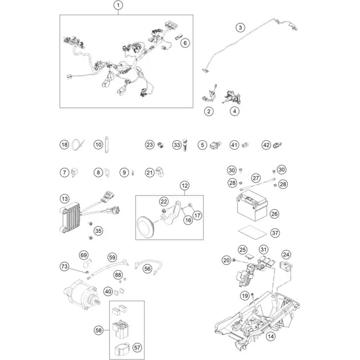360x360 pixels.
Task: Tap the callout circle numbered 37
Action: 275,233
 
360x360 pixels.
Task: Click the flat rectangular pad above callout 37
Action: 251,231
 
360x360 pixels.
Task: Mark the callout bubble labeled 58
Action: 99,330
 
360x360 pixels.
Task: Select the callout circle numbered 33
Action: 177,145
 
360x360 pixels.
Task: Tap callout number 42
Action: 266,145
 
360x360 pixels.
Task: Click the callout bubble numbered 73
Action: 64,266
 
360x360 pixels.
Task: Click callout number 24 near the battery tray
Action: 286,254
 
